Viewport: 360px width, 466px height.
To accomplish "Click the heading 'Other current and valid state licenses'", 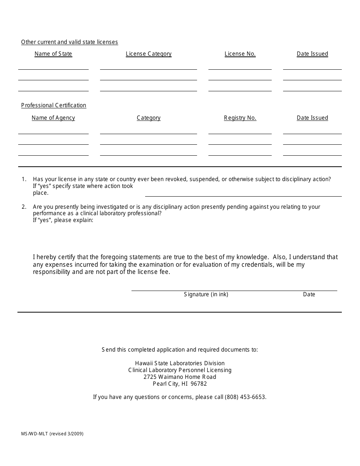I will pyautogui.click(x=69, y=42).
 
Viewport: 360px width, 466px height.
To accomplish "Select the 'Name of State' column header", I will pyautogui.click(x=53, y=54).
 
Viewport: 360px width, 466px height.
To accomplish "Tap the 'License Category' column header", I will pyautogui.click(x=149, y=54).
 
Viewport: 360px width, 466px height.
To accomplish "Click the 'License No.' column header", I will pyautogui.click(x=240, y=54).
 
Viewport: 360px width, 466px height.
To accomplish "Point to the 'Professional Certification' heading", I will pyautogui.click(x=53, y=105).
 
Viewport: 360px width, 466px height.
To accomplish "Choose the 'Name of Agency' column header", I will pyautogui.click(x=53, y=118).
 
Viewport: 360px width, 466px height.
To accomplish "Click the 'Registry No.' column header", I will pyautogui.click(x=240, y=118).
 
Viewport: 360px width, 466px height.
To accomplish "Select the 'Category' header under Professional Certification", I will pyautogui.click(x=149, y=118).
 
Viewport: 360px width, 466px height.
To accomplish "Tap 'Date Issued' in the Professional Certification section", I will pyautogui.click(x=312, y=118).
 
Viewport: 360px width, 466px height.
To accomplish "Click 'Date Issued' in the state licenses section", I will pyautogui.click(x=312, y=54).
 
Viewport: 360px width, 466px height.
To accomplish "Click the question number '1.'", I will pyautogui.click(x=24, y=179).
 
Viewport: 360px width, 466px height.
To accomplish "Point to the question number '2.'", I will pyautogui.click(x=24, y=207).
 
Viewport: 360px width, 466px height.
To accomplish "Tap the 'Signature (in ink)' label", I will pyautogui.click(x=206, y=294).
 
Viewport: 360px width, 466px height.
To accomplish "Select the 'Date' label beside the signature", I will pyautogui.click(x=309, y=294).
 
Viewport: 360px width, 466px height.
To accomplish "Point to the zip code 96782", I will pyautogui.click(x=199, y=384).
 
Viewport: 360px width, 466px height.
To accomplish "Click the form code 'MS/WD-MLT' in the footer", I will pyautogui.click(x=34, y=434).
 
